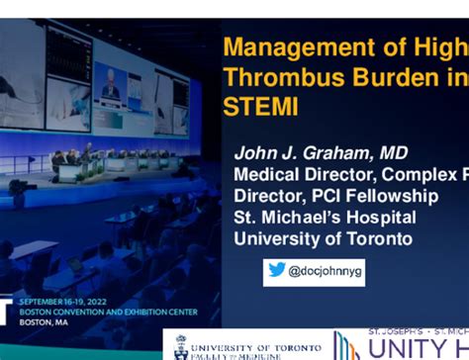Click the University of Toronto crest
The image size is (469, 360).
pyautogui.click(x=181, y=347)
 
